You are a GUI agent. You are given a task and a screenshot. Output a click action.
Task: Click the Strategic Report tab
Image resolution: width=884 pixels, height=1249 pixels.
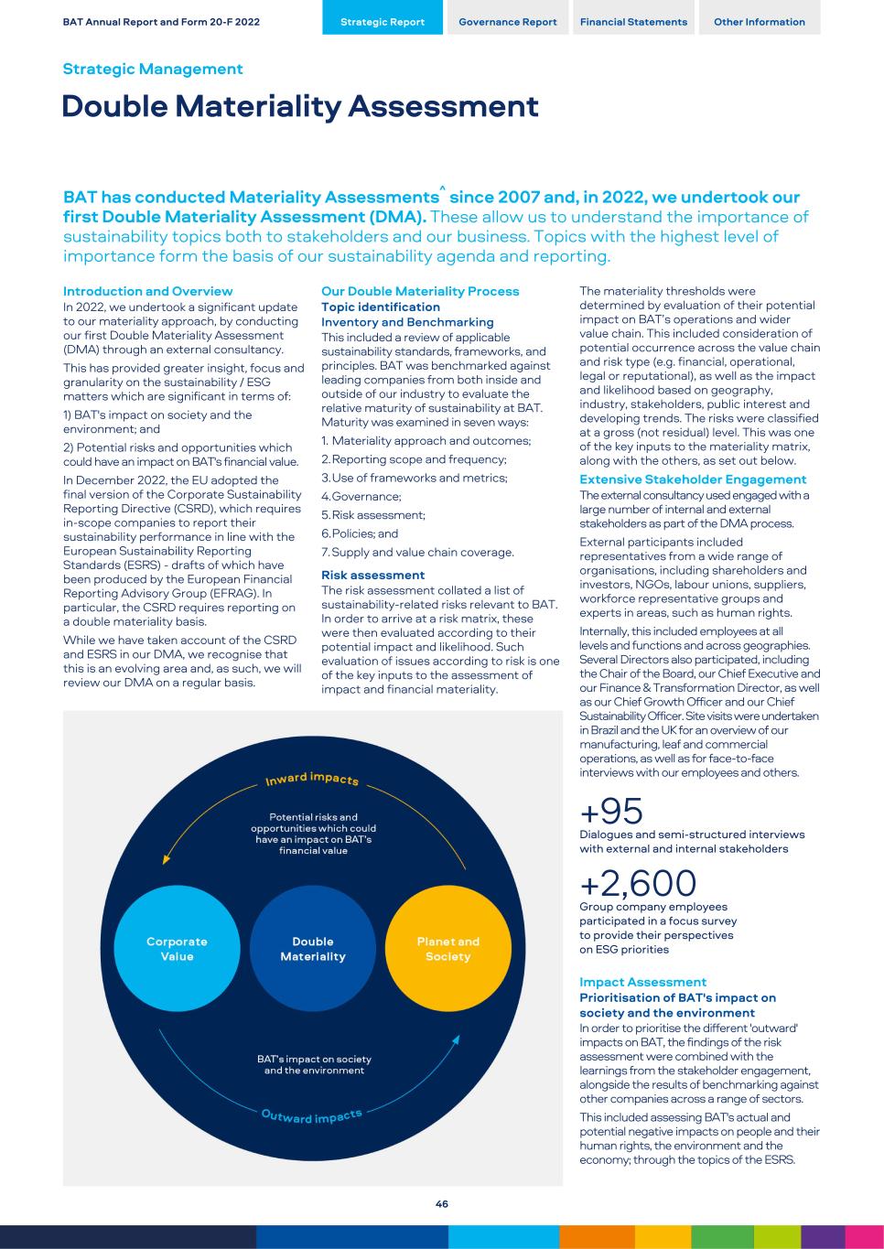click(x=383, y=22)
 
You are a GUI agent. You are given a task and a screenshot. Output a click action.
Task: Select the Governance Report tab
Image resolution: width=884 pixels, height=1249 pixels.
click(x=508, y=22)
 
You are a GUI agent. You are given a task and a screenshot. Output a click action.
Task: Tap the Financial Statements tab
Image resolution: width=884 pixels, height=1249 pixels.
click(x=633, y=22)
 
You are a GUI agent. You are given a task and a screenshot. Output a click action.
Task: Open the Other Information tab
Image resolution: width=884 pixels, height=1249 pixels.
click(x=760, y=22)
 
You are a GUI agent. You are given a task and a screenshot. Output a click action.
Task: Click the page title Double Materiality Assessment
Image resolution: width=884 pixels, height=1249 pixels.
click(x=300, y=107)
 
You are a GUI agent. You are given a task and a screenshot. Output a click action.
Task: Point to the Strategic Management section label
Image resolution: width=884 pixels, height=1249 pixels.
click(x=153, y=70)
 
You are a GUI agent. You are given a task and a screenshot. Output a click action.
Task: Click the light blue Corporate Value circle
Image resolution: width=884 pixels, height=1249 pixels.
click(x=178, y=949)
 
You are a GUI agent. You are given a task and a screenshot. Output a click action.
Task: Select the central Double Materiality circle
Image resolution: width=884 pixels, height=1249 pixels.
click(x=313, y=949)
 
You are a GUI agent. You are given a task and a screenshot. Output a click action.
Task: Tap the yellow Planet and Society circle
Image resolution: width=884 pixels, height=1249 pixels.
click(x=447, y=949)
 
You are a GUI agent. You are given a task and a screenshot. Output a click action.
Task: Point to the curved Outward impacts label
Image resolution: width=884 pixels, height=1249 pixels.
click(x=312, y=1116)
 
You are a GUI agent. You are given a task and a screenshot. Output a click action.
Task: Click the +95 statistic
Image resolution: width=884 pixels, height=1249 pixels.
click(x=612, y=811)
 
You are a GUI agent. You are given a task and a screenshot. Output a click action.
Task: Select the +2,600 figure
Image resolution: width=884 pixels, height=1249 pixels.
click(x=638, y=883)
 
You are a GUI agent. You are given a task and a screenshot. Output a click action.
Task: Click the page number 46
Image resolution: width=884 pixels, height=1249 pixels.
click(x=442, y=1204)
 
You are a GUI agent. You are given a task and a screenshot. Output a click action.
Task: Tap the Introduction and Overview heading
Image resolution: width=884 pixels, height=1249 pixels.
click(x=148, y=291)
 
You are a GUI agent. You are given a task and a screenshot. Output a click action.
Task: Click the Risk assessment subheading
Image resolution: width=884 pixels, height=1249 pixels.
click(x=373, y=576)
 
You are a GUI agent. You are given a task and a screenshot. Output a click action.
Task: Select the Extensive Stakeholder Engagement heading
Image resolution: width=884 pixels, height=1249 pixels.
click(x=693, y=479)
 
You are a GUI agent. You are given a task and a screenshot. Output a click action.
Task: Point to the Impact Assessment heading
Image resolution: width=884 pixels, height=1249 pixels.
click(x=643, y=982)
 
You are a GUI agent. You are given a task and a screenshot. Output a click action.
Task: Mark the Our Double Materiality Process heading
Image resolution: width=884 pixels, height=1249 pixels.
click(x=420, y=291)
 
